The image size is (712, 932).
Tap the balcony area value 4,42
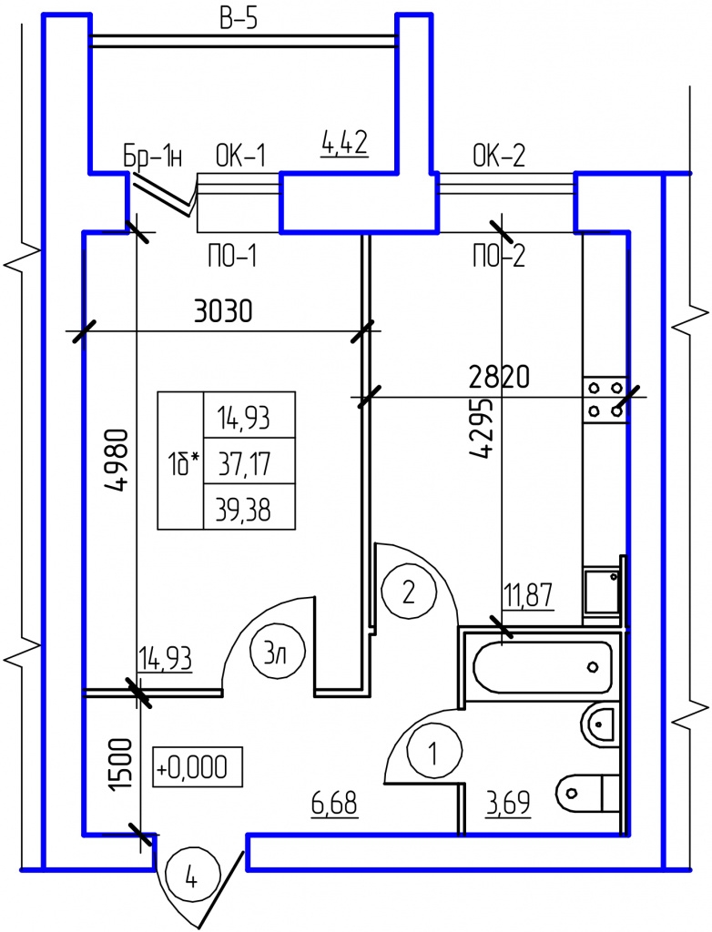tap(344, 144)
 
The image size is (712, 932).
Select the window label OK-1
tap(239, 157)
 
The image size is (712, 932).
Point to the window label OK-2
tap(499, 156)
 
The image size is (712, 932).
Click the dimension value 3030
tap(224, 311)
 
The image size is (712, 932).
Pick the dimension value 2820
tap(499, 377)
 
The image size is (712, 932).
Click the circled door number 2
tap(408, 593)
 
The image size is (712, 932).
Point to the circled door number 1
tap(433, 753)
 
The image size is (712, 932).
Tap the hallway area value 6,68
tap(334, 804)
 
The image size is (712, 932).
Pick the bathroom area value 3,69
tap(508, 804)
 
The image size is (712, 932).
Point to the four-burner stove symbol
tap(605, 400)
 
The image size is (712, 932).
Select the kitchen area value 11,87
tap(529, 596)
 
